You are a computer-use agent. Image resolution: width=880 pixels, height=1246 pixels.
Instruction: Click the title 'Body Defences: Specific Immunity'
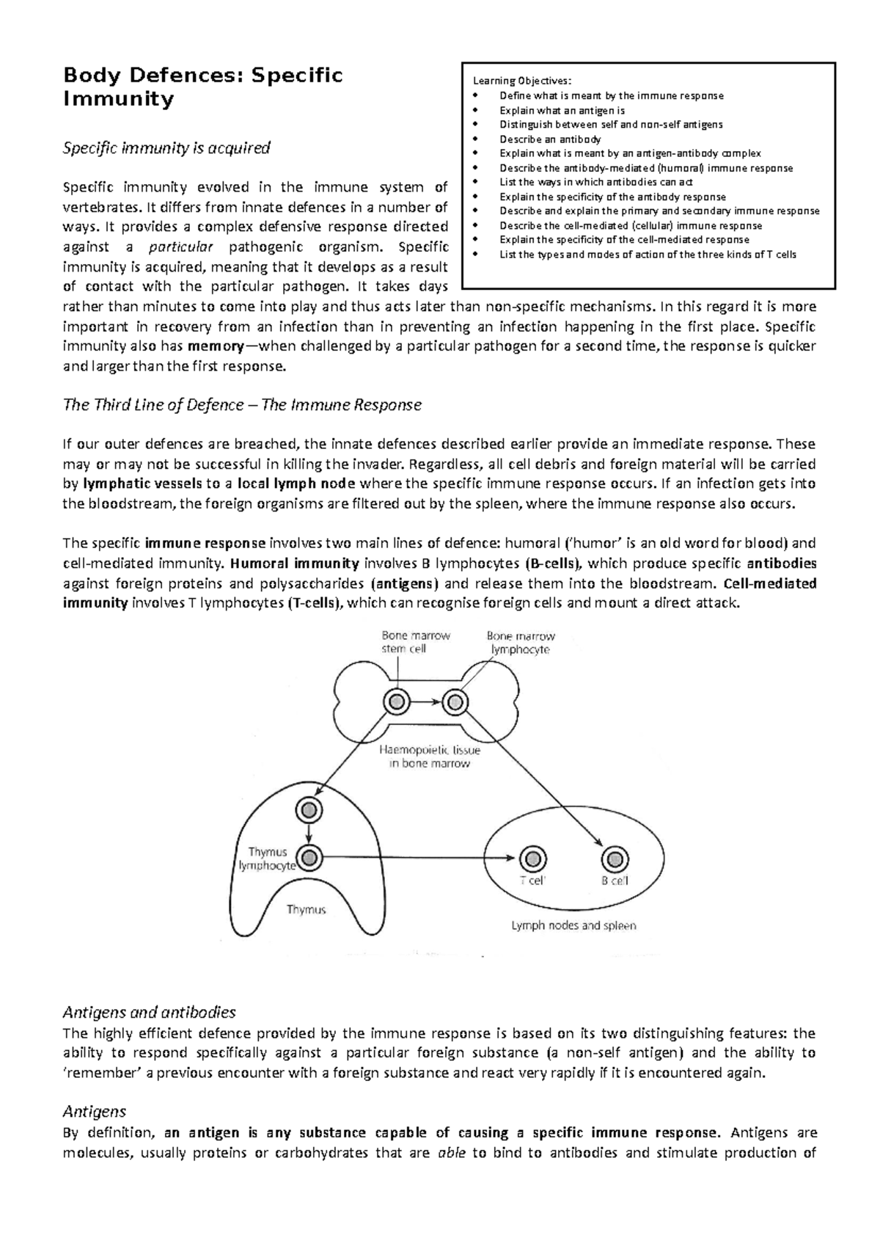click(x=203, y=87)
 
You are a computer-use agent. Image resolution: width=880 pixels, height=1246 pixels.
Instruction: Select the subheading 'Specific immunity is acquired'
click(x=166, y=148)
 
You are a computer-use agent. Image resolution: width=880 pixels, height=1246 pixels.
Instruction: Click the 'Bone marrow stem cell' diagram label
click(x=415, y=642)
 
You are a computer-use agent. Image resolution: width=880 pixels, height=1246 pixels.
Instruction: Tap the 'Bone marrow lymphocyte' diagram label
click(x=520, y=643)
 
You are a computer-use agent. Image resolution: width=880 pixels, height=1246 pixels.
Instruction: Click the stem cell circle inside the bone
click(x=397, y=702)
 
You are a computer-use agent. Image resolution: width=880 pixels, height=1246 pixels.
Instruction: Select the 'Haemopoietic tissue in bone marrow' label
click(x=430, y=757)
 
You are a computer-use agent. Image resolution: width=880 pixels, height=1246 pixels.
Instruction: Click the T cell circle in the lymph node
click(x=532, y=858)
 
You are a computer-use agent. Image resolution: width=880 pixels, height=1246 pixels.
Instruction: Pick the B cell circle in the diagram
click(x=615, y=858)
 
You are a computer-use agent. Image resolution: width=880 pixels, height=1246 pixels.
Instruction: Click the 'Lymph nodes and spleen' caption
click(x=573, y=925)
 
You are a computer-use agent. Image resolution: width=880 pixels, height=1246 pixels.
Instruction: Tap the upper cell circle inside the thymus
click(x=309, y=810)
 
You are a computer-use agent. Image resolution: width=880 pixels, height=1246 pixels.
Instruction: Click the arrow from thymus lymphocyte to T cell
click(x=418, y=857)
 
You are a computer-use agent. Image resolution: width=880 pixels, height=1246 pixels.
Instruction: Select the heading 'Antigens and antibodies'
click(x=149, y=1013)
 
